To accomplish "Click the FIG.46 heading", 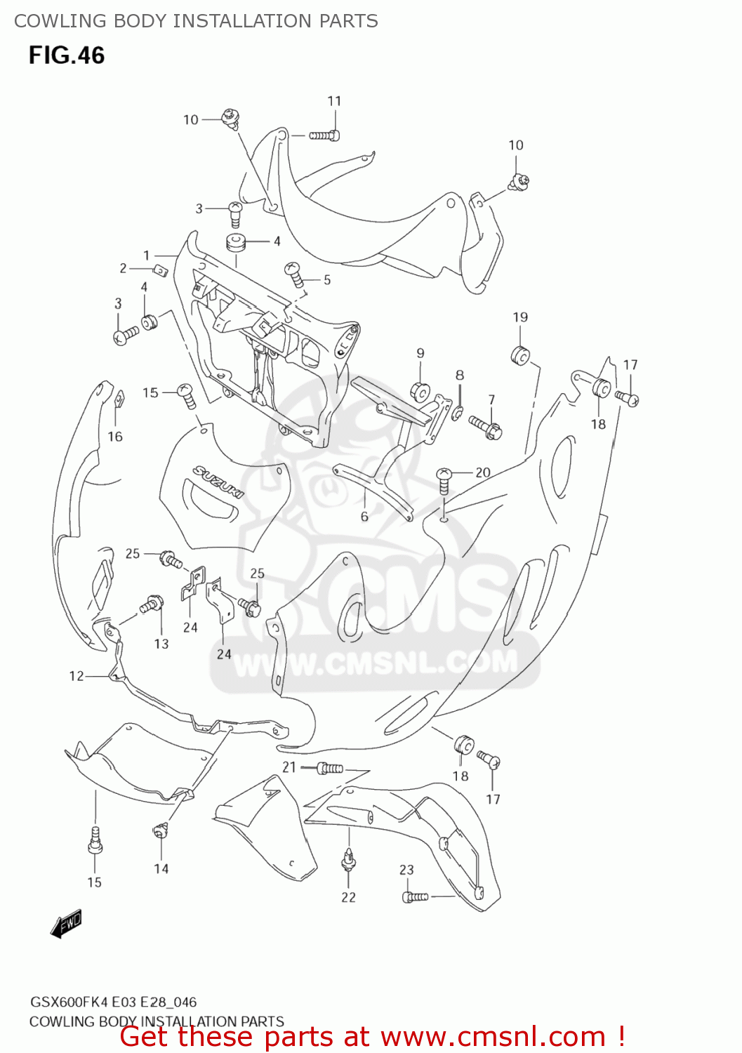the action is pos(67,55).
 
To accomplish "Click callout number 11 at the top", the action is pos(334,101).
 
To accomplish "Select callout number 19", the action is pos(520,317).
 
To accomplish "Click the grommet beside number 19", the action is pos(520,355).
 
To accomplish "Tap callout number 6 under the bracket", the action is pos(364,517).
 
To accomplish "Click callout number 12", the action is pos(77,676).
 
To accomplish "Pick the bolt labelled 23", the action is pos(415,896).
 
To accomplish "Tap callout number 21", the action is pos(289,767).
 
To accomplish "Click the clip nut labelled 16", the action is pos(119,400).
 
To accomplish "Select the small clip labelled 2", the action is pos(159,270).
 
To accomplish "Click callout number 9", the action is pos(420,353).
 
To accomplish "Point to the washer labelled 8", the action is pos(458,412).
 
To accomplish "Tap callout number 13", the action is pos(161,644).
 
